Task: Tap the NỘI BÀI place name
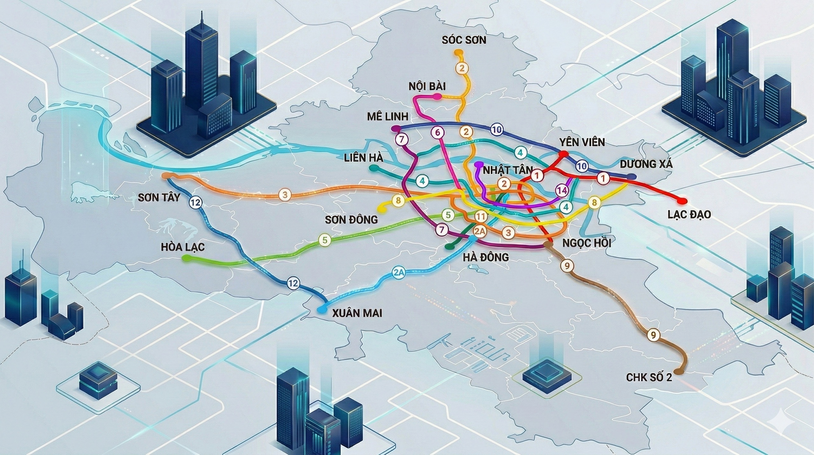coord(427,86)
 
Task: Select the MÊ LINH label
coord(387,117)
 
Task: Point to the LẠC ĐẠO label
coord(689,214)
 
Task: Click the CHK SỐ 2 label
coord(649,378)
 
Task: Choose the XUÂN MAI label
coord(357,313)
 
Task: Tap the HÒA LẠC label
coord(183,247)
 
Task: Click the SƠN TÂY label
coord(159,198)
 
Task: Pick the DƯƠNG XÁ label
coord(646,164)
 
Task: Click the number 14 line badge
coord(562,190)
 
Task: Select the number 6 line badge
coord(438,132)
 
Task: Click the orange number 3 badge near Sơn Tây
coord(285,195)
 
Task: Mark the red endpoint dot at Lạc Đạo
coord(681,201)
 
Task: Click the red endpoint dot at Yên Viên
coord(563,154)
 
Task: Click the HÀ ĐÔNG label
coord(486,257)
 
